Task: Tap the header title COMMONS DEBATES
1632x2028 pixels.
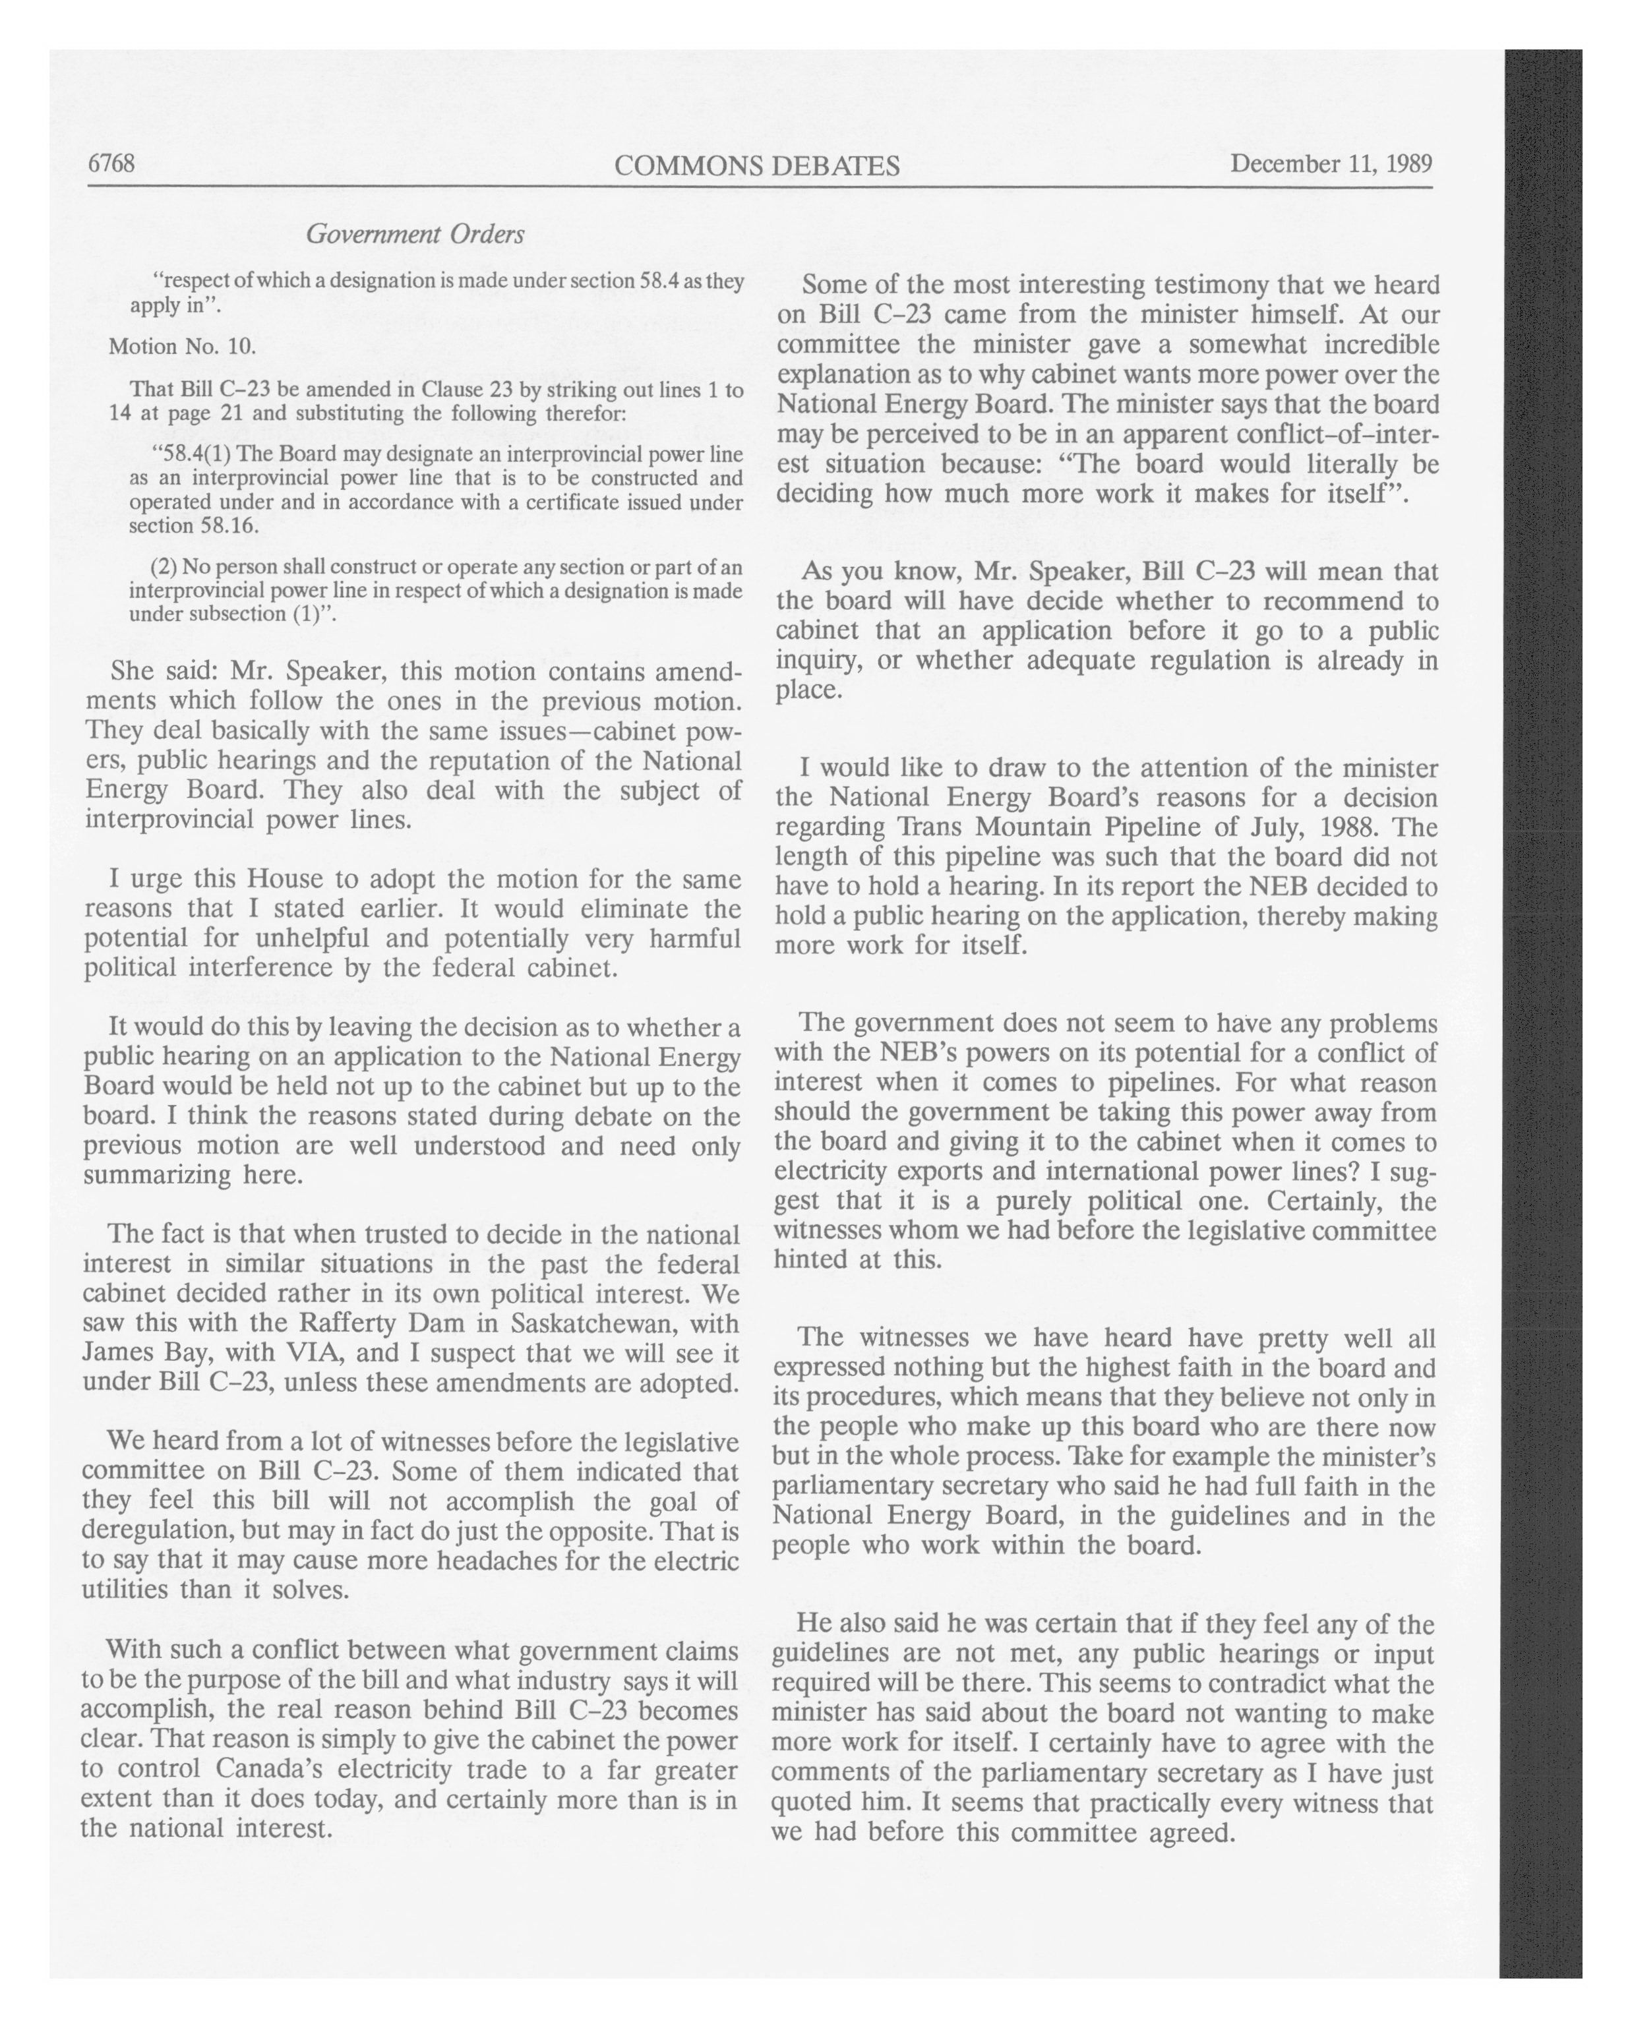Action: (756, 167)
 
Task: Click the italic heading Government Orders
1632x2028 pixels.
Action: (415, 234)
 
